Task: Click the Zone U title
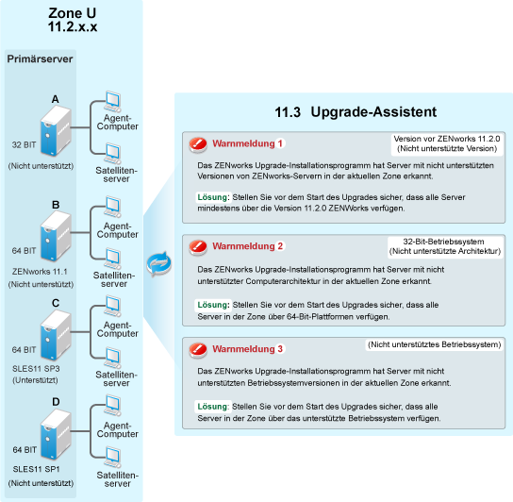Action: [x=73, y=20]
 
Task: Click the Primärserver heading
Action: [x=40, y=59]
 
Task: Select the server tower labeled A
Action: [x=56, y=131]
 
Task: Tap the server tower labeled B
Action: [x=56, y=236]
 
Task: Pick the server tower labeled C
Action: [x=56, y=335]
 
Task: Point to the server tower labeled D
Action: [x=56, y=435]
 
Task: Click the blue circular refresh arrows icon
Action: [x=159, y=263]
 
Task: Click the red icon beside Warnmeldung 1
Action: [x=198, y=144]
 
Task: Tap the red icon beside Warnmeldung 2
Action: [x=198, y=247]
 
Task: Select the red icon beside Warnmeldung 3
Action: [x=198, y=350]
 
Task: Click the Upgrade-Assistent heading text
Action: [x=373, y=112]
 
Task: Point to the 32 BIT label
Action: [x=24, y=144]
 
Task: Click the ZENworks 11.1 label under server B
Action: [x=40, y=272]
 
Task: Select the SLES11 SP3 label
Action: [x=36, y=368]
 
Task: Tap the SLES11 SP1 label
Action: [x=36, y=469]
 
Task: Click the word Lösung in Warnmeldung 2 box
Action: [x=212, y=305]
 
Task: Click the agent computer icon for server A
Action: [x=112, y=102]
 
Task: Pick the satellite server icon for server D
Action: [x=112, y=458]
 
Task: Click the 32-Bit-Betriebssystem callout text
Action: [x=443, y=242]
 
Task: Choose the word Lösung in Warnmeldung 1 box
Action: [x=212, y=197]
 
